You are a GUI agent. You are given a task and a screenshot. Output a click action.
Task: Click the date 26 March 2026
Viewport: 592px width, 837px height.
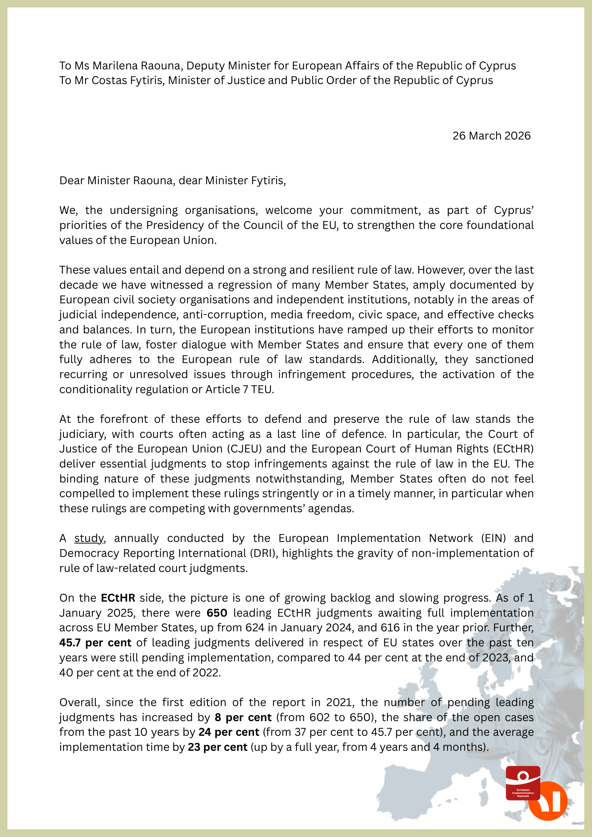coord(491,136)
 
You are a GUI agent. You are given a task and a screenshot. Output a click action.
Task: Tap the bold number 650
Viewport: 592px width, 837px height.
coord(216,613)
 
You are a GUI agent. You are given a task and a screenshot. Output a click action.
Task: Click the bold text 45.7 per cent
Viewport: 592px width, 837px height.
coord(95,643)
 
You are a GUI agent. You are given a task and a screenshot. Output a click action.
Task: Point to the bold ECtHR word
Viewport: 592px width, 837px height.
coord(118,598)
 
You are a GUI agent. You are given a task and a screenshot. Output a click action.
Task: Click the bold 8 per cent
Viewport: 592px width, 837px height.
coord(243,718)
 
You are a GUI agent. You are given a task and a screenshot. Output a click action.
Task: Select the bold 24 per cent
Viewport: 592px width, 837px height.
coord(229,733)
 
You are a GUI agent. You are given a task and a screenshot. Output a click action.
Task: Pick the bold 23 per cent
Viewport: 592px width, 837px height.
coord(217,747)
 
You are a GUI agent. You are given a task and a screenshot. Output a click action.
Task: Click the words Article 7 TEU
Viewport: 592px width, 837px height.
coord(239,389)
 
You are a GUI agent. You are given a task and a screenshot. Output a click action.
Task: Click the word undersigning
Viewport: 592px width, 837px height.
coord(144,210)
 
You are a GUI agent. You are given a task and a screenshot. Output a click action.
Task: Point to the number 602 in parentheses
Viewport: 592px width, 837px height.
coord(320,718)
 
